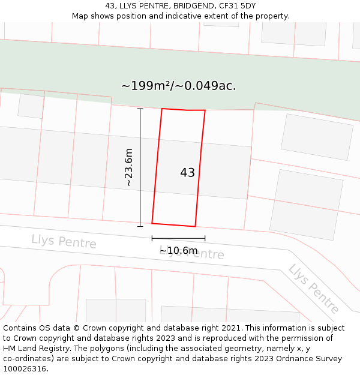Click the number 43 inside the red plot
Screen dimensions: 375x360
pos(187,173)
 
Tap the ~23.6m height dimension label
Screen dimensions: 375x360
pos(128,167)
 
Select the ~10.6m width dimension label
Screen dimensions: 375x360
pos(178,250)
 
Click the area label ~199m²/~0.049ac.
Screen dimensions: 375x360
pos(178,86)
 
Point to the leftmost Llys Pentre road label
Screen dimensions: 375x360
pos(64,241)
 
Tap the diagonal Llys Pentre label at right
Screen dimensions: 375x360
pos(314,289)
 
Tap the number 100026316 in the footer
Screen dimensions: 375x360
pos(25,369)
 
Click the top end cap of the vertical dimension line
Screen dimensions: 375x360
pos(140,109)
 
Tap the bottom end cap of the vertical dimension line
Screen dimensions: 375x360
pos(140,226)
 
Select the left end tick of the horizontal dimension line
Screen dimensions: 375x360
pos(152,238)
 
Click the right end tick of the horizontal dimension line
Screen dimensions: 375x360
pos(205,238)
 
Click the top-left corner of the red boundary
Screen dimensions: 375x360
pos(162,109)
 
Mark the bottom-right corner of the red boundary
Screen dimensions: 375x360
pos(195,226)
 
